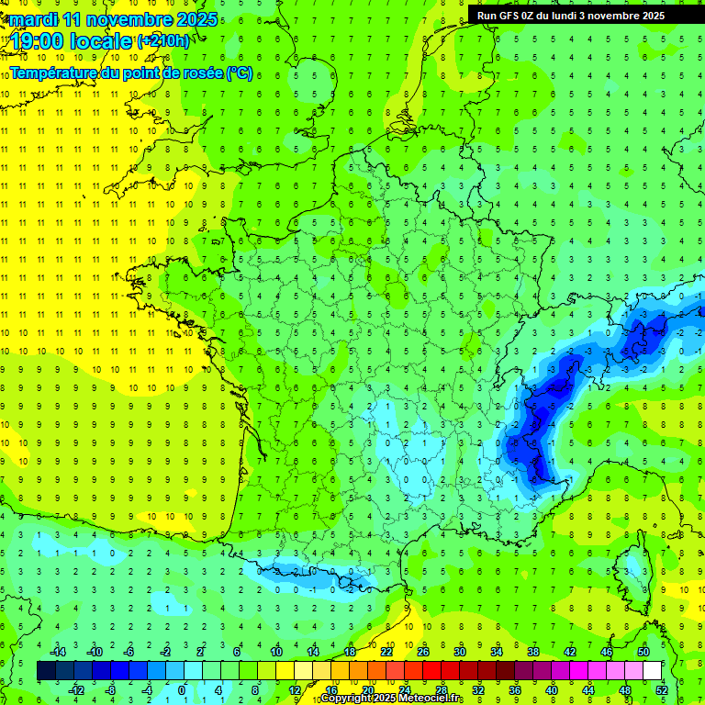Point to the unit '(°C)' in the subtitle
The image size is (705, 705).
click(239, 73)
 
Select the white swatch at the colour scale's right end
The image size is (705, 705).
click(653, 671)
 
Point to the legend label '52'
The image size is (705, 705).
click(662, 689)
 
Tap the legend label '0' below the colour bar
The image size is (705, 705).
click(182, 689)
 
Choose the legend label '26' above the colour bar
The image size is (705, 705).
click(423, 651)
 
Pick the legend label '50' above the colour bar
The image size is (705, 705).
click(643, 651)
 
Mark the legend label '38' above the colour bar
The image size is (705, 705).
click(533, 651)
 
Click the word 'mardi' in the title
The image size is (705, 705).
click(30, 19)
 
